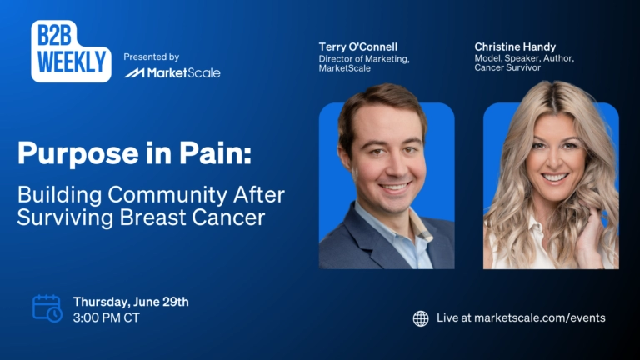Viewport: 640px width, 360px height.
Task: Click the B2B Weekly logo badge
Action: (x=71, y=51)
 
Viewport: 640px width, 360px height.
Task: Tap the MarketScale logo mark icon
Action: (x=134, y=73)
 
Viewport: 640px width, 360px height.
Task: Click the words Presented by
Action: (x=152, y=57)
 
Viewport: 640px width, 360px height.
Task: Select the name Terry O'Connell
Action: (x=358, y=47)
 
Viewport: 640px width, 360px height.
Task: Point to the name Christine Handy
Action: (x=515, y=47)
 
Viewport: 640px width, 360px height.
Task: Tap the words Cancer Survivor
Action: (x=507, y=67)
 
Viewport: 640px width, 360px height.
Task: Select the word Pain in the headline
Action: (x=215, y=152)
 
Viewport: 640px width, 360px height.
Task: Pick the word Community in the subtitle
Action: (x=167, y=195)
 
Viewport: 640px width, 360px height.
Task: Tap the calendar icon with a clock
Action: (x=47, y=308)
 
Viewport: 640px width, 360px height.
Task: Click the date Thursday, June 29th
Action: (x=131, y=302)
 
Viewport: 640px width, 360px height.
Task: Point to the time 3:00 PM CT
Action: (x=107, y=317)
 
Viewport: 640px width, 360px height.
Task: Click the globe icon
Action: (x=421, y=318)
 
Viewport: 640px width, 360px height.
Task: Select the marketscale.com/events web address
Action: (x=540, y=318)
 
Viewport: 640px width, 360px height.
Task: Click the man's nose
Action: (x=395, y=167)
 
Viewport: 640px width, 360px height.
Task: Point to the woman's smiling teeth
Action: (x=555, y=177)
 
